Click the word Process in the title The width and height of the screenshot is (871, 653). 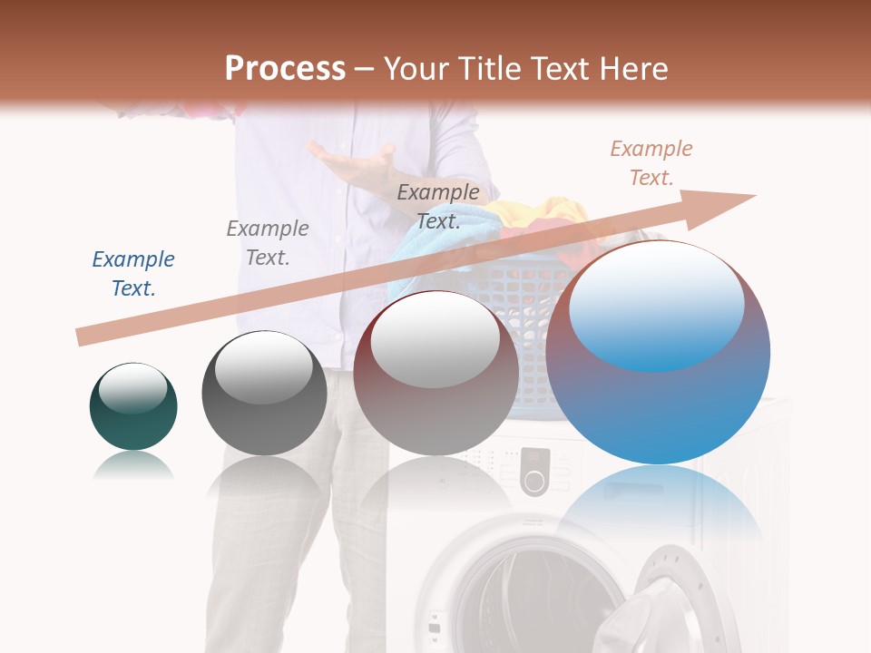(285, 69)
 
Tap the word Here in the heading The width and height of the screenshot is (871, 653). (632, 69)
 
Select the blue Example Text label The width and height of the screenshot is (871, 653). (133, 274)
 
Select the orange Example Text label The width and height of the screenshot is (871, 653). (651, 163)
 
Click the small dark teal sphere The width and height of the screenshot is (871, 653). (133, 406)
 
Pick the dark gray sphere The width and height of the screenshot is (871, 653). (264, 394)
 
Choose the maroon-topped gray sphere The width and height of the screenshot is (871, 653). (435, 374)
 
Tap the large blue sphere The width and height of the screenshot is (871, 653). (658, 352)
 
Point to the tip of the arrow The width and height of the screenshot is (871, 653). (754, 195)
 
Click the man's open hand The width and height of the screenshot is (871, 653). (355, 163)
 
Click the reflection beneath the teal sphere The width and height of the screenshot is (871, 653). (133, 466)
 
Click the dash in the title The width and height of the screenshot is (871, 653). (365, 69)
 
